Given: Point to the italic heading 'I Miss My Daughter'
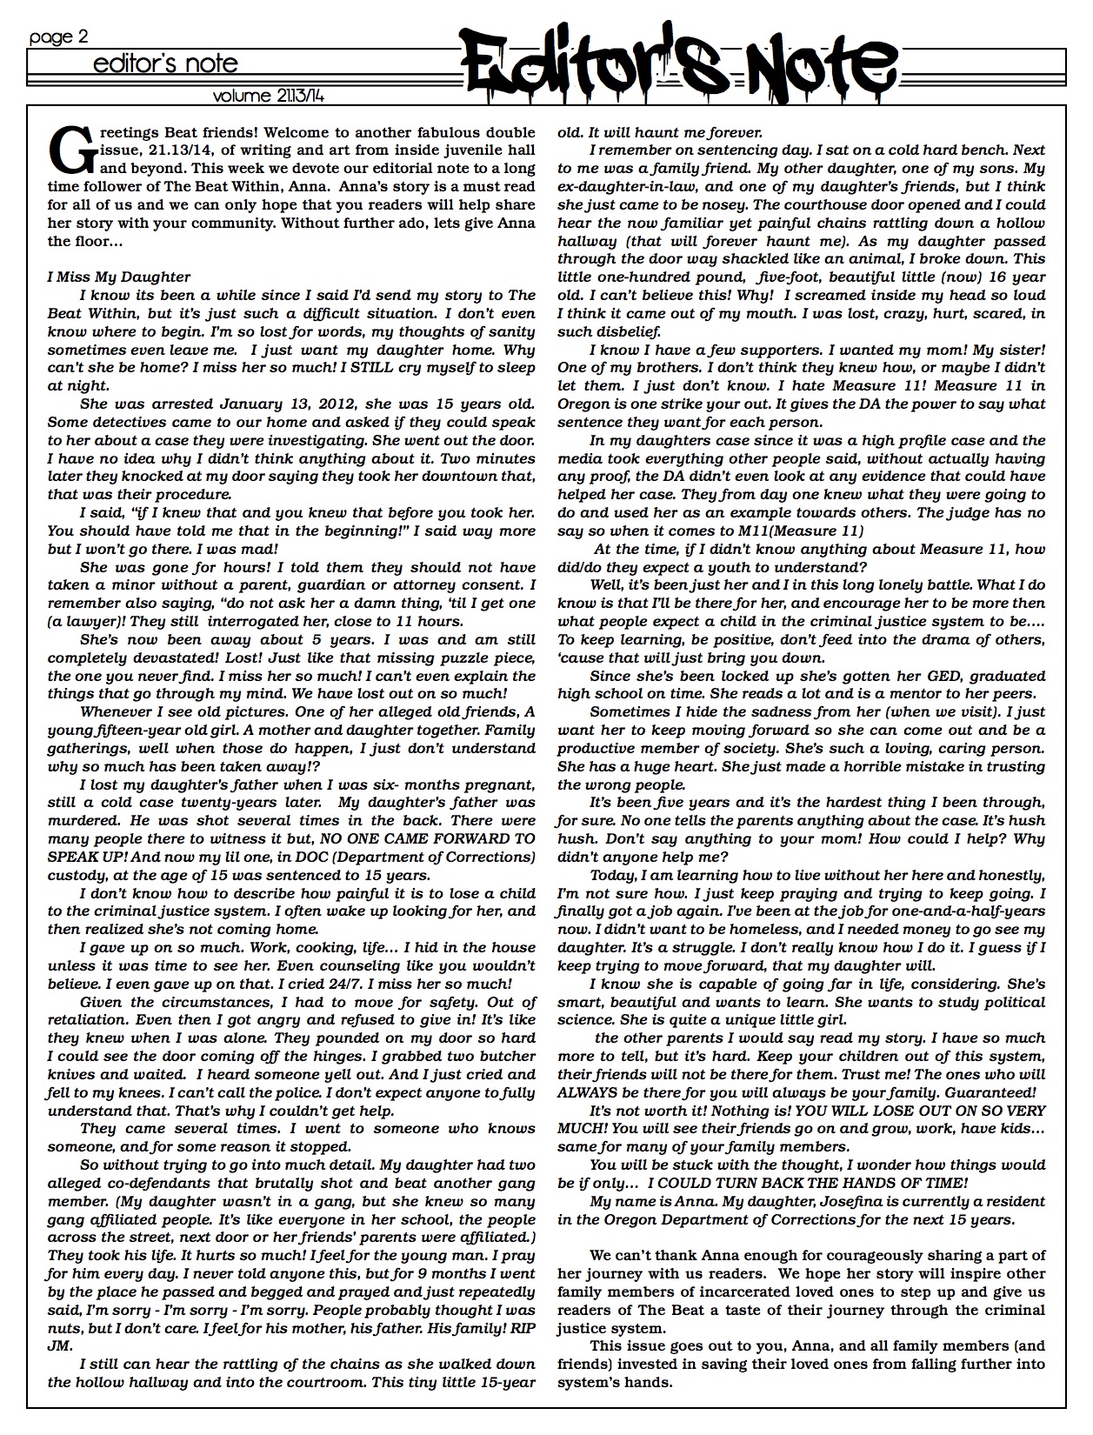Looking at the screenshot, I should pos(119,277).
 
